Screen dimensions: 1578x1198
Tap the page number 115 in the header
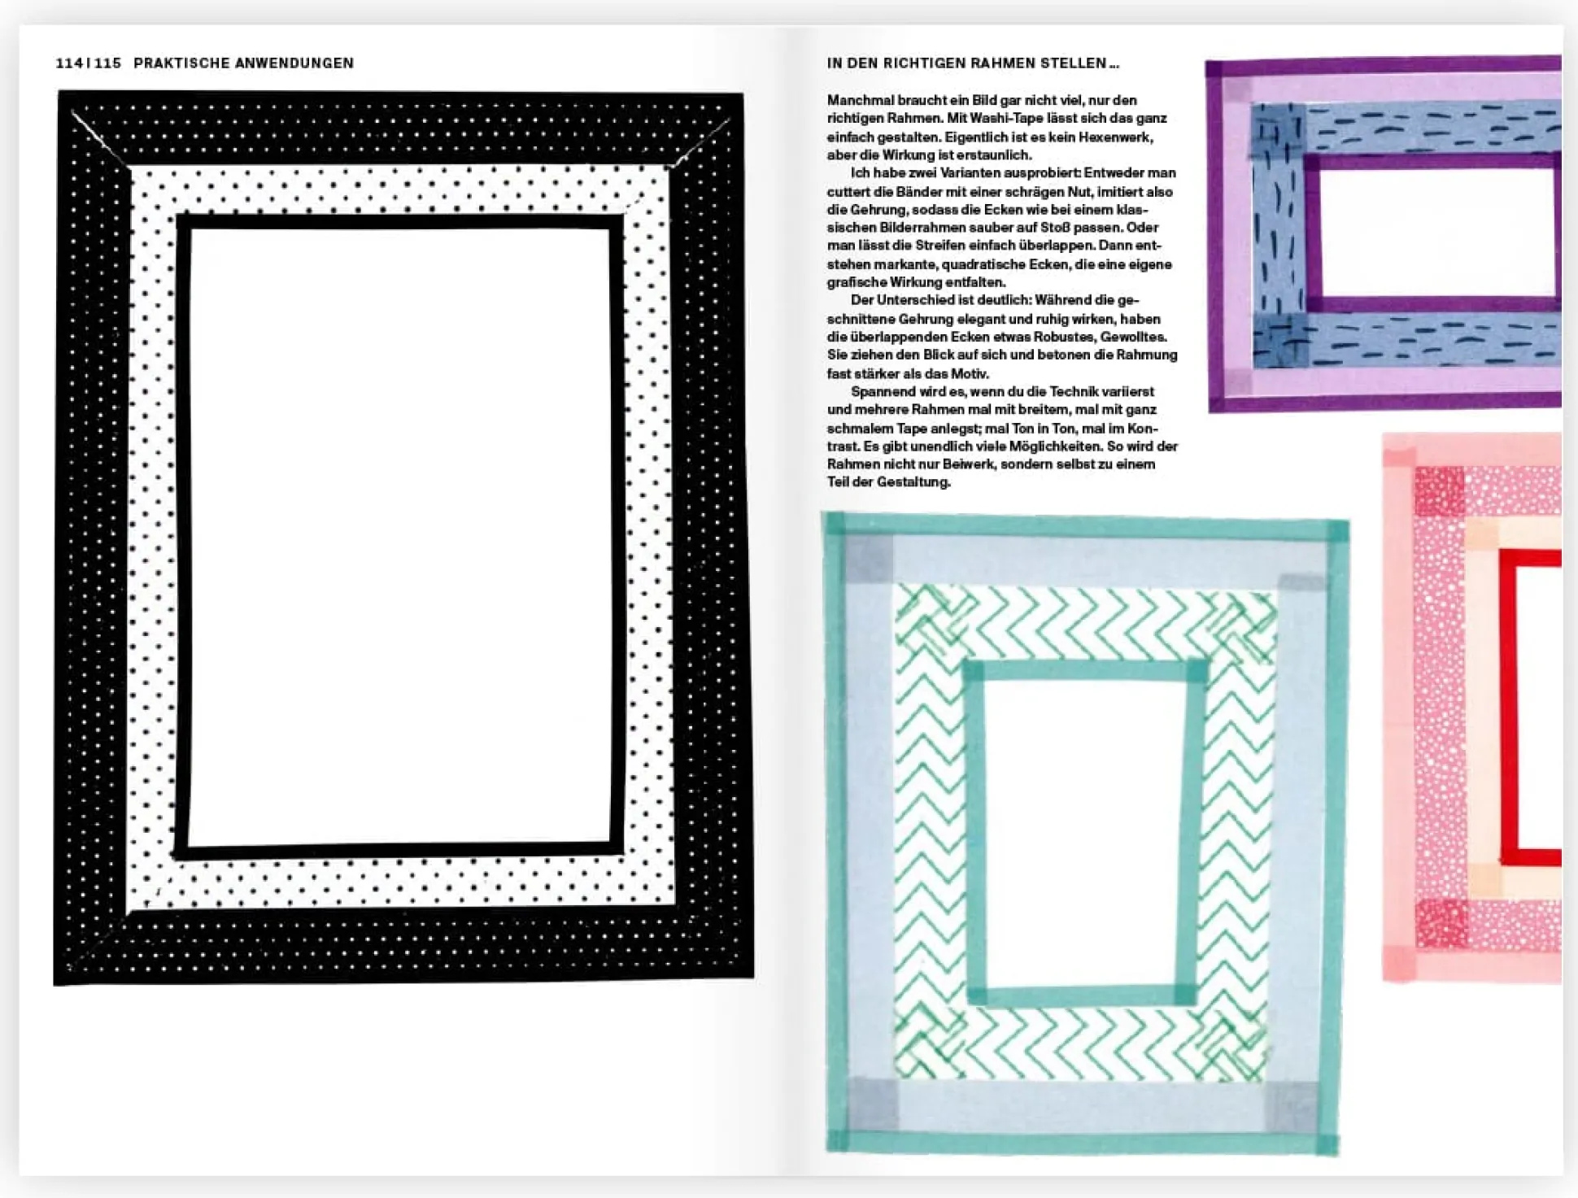point(107,63)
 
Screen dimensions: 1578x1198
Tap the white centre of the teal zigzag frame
point(1080,831)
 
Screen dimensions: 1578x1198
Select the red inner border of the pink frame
point(1506,708)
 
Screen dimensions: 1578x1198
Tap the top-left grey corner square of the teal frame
point(869,560)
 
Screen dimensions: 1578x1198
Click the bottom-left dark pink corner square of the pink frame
point(1441,923)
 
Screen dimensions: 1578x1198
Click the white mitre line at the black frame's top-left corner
point(101,140)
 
